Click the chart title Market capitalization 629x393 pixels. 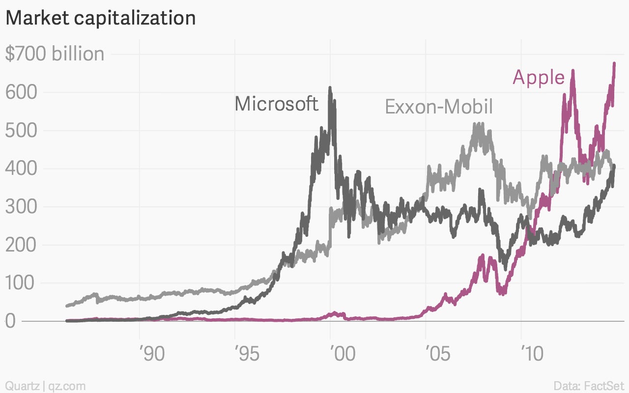100,18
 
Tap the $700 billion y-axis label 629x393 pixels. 55,54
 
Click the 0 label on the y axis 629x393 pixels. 11,321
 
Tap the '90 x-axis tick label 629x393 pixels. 151,354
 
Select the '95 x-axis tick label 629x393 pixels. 247,354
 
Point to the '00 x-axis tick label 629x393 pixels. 342,354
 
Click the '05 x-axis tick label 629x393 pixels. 437,354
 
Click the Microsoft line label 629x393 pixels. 276,104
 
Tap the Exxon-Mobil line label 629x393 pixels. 438,107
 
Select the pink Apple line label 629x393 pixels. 538,78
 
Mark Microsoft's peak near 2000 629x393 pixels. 330,88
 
